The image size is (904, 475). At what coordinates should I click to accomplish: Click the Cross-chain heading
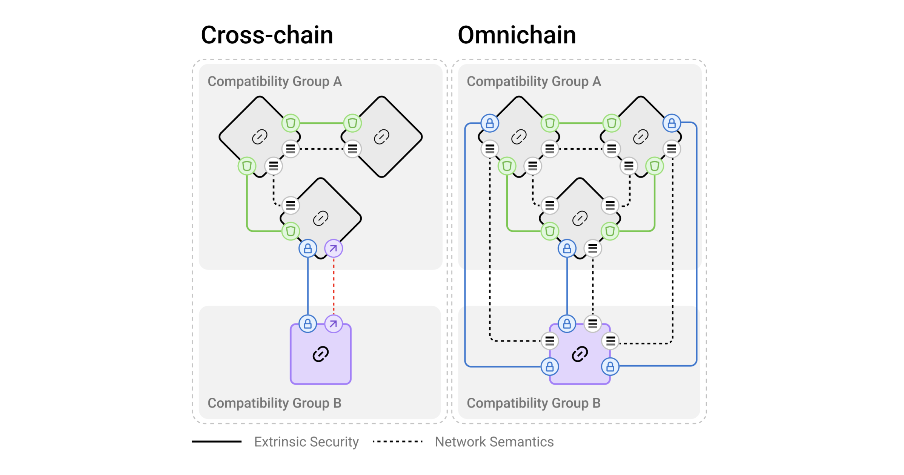pos(267,35)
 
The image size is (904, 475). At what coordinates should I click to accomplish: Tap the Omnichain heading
pos(517,35)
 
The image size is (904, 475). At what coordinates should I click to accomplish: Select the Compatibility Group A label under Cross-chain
pos(275,81)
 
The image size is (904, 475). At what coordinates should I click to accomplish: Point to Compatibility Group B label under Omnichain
pos(533,403)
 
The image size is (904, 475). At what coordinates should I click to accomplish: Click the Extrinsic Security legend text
pos(306,442)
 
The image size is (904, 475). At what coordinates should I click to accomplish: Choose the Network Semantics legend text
pos(494,442)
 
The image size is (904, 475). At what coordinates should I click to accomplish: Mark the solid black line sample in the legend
pos(217,441)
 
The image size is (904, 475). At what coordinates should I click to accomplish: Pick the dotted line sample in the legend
pos(397,441)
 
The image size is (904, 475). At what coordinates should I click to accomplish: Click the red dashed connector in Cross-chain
pos(334,287)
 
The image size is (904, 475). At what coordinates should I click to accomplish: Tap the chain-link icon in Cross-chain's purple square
pos(321,354)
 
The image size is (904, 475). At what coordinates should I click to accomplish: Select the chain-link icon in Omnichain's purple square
pos(580,354)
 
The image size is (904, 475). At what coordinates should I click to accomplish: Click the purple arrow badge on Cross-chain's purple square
pos(334,324)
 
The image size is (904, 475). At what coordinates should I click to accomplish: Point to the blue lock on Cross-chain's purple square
pos(308,324)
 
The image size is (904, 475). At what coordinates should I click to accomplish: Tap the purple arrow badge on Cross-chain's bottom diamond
pos(334,248)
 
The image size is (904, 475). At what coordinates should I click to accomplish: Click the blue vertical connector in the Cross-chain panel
pos(308,287)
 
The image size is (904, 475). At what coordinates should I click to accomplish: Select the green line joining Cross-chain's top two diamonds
pos(321,123)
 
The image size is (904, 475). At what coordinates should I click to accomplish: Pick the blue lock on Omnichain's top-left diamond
pos(490,123)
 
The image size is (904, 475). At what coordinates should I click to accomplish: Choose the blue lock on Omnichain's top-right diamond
pos(672,123)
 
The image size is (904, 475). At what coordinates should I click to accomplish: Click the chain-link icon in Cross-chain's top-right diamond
pos(381,136)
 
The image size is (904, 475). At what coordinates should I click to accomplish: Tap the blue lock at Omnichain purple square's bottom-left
pos(550,366)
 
